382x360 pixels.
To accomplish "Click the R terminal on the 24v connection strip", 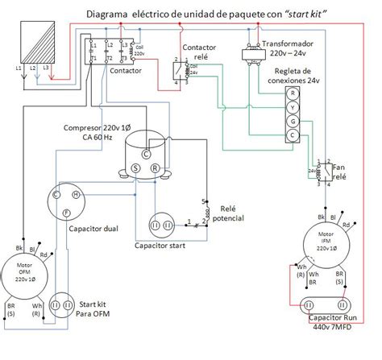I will [294, 93].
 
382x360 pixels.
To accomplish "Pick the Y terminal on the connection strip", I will [294, 107].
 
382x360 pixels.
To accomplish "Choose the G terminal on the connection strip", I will [294, 121].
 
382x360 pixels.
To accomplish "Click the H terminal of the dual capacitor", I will [75, 194].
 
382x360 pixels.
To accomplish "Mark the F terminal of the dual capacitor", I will [64, 211].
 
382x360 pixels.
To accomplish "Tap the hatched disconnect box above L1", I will [31, 39].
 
